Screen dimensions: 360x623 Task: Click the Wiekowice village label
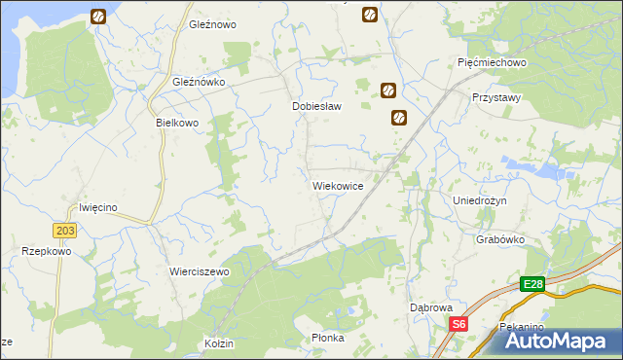point(338,185)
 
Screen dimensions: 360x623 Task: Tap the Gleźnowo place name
point(213,24)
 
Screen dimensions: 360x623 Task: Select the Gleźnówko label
point(199,83)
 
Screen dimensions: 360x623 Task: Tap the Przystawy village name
point(495,98)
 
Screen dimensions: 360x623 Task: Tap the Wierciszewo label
point(199,271)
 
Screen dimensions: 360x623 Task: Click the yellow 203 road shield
point(65,230)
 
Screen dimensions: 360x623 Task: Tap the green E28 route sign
point(531,284)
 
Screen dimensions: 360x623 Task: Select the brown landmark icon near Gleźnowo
point(98,17)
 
